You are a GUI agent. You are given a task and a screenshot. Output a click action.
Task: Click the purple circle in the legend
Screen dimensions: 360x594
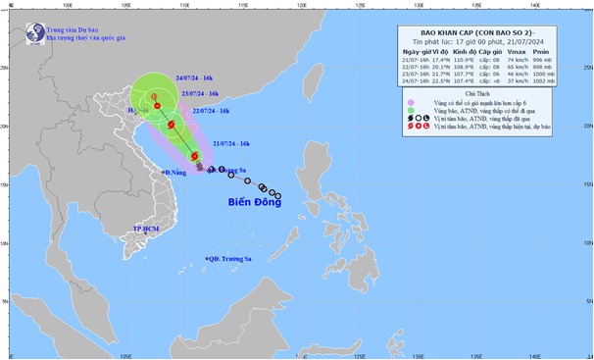click(410, 101)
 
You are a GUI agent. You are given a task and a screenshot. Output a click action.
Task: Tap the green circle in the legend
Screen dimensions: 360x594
click(410, 111)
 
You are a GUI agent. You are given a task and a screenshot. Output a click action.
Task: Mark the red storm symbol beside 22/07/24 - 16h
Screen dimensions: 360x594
click(173, 125)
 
